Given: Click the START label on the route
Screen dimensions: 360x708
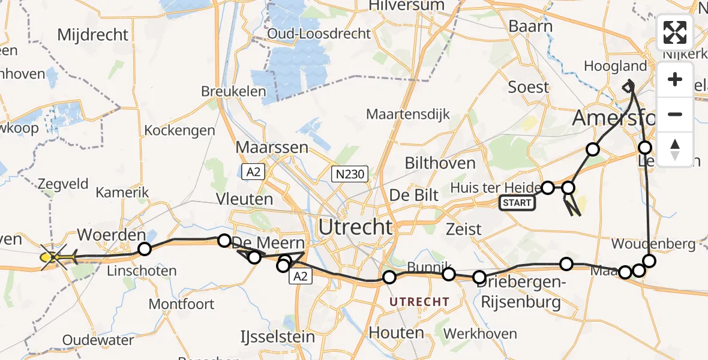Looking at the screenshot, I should (517, 203).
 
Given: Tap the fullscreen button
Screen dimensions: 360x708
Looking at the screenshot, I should (675, 32).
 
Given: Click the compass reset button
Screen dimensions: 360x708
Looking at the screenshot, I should (675, 149).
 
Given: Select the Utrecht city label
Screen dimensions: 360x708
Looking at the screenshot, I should (356, 227).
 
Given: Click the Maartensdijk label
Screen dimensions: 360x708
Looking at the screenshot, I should (407, 114).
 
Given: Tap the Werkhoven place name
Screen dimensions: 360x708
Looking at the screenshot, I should (478, 333).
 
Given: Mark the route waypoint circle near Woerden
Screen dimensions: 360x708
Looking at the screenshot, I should (144, 249).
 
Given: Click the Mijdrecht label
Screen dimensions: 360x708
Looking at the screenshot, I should (93, 34).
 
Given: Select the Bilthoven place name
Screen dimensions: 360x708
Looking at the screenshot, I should (440, 163).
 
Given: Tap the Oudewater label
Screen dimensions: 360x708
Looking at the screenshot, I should (98, 340).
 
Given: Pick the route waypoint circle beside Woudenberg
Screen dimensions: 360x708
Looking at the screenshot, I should (649, 260).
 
